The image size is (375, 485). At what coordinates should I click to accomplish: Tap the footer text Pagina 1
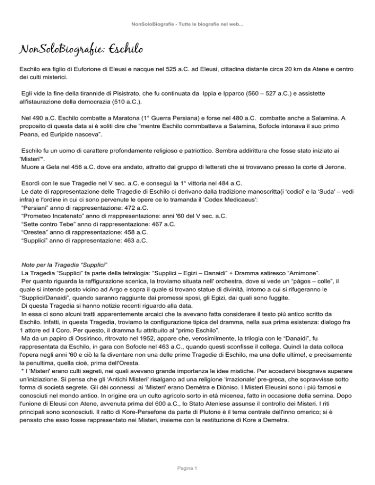(x=187, y=469)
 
